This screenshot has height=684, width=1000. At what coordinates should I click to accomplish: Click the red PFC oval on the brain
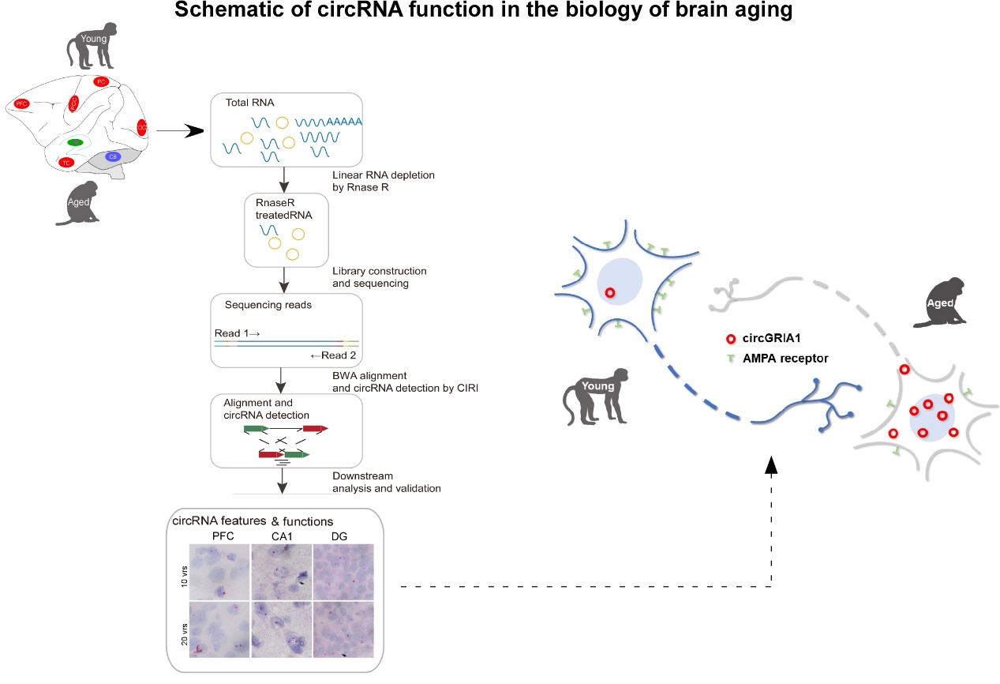[x=21, y=103]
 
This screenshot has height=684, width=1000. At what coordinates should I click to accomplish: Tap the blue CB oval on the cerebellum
[x=113, y=156]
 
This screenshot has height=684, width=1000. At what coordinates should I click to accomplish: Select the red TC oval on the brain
[x=66, y=163]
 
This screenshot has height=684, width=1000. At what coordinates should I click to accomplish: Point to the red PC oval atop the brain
[x=100, y=81]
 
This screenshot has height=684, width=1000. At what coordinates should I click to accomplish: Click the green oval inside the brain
[x=75, y=142]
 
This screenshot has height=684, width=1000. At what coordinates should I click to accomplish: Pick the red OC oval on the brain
[x=142, y=126]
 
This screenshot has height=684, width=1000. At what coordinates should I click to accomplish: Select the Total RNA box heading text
[x=248, y=103]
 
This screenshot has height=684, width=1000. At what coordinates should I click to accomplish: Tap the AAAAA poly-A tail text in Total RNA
[x=344, y=122]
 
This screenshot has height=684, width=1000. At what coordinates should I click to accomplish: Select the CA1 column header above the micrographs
[x=282, y=536]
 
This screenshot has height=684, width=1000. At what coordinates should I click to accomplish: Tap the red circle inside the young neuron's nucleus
[x=609, y=293]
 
